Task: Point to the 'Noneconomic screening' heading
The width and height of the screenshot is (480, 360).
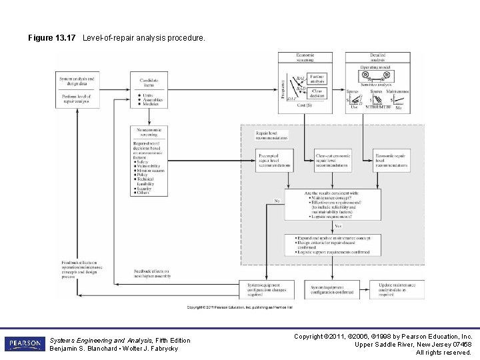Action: [x=149, y=132]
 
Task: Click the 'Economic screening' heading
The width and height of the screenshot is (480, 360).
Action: [x=305, y=57]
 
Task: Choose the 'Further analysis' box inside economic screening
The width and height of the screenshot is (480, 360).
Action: [x=317, y=79]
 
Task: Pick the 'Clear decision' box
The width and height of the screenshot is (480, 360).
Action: [x=317, y=93]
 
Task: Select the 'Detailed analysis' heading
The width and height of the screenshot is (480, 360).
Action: [x=377, y=57]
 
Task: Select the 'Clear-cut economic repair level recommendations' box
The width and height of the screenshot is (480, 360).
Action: [x=333, y=161]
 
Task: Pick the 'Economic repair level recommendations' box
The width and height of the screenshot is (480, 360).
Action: [x=391, y=161]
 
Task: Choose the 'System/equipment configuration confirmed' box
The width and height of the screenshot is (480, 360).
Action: [x=333, y=289]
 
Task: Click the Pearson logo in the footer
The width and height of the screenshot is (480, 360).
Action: [x=25, y=344]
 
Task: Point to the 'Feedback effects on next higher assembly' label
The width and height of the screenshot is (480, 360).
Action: [x=152, y=273]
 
